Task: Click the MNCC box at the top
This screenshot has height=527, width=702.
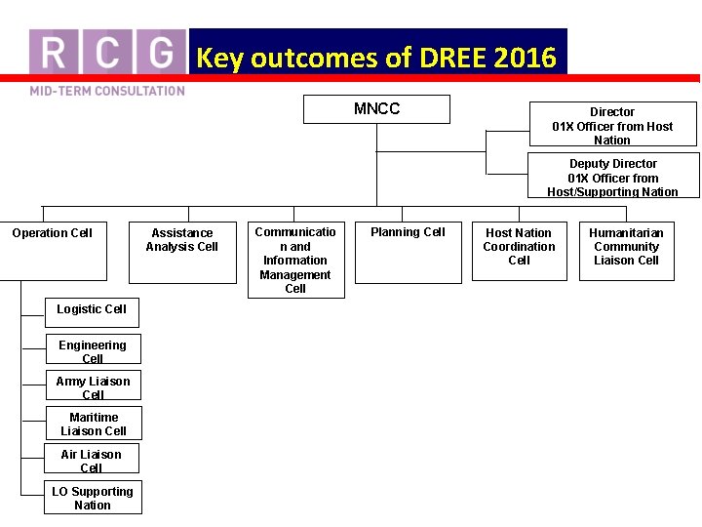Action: [x=376, y=109]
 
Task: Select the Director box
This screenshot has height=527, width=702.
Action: [x=612, y=125]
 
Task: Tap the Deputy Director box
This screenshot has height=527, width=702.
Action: [x=613, y=177]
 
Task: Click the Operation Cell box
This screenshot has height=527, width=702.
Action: [x=53, y=251]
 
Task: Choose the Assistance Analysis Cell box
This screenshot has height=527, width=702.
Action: [x=182, y=251]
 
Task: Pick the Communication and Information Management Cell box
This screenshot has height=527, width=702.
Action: [x=295, y=260]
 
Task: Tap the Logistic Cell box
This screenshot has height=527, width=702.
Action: [x=92, y=311]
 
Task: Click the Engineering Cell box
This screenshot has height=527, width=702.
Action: [x=93, y=349]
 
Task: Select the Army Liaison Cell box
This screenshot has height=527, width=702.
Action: [x=93, y=385]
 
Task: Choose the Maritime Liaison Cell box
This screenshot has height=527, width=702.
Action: [x=94, y=423]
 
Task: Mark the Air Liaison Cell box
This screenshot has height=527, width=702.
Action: [x=92, y=459]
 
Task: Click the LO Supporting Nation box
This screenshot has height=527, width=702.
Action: [x=93, y=498]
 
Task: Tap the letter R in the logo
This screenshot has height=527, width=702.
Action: [x=55, y=51]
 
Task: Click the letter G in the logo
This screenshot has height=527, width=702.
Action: [x=160, y=51]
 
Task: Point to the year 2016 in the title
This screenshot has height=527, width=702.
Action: [x=525, y=59]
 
